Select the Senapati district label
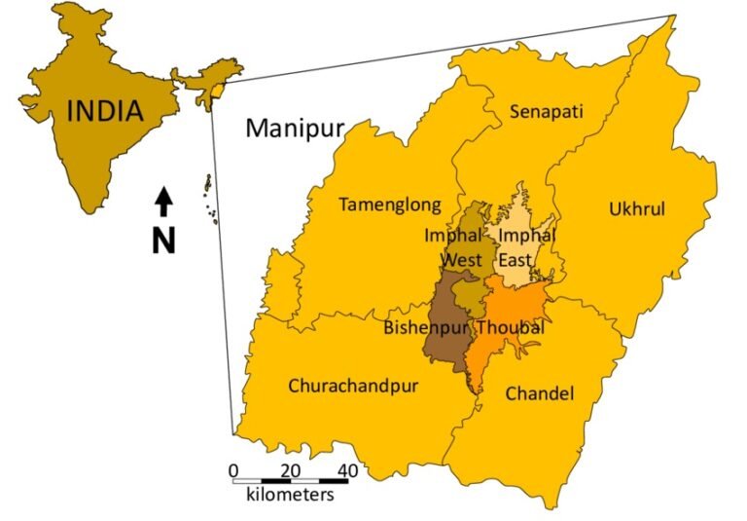click(x=547, y=111)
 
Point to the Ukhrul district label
click(x=633, y=208)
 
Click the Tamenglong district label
click(x=389, y=205)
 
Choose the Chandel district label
click(x=540, y=393)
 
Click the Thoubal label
click(x=511, y=327)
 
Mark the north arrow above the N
click(x=164, y=201)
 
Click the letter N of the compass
click(x=163, y=239)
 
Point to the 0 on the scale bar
click(x=233, y=471)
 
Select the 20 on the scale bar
click(x=290, y=471)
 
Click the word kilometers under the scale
click(x=290, y=495)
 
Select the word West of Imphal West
click(x=461, y=260)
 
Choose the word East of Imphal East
click(x=516, y=260)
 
